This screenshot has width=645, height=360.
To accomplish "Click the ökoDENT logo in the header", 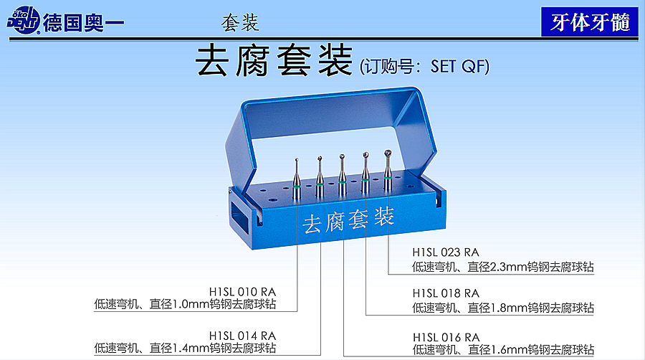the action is pos(24,20).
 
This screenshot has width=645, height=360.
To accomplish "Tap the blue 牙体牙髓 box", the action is pos(590,22).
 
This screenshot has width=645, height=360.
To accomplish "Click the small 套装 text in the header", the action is pos(240,23).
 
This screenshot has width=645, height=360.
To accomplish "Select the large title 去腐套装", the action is pos(274,61).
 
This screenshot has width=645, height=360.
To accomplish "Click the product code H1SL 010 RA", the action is pos(242,292).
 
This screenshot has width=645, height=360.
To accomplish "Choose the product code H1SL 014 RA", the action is pos(242,336).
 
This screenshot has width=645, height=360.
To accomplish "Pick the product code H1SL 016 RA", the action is pos(446,337).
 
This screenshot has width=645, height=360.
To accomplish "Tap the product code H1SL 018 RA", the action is pos(446,293).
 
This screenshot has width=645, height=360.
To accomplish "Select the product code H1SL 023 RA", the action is pos(446,252).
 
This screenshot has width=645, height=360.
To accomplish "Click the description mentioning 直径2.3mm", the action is pos(503,267).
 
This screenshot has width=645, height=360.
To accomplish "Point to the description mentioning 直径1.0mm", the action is pos(185,305).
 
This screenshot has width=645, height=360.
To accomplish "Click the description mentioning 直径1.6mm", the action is pos(503,350).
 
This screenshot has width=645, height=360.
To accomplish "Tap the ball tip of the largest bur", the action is pos(388,154).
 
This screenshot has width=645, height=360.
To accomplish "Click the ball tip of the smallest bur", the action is pos(297,159).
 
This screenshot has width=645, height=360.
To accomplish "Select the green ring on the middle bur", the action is pos(343,182).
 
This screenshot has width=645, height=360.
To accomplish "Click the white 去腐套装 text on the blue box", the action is pos(348,220).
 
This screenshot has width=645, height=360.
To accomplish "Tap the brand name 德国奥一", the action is pos(84,22).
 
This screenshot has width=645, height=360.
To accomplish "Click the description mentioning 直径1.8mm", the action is pos(503,308).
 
